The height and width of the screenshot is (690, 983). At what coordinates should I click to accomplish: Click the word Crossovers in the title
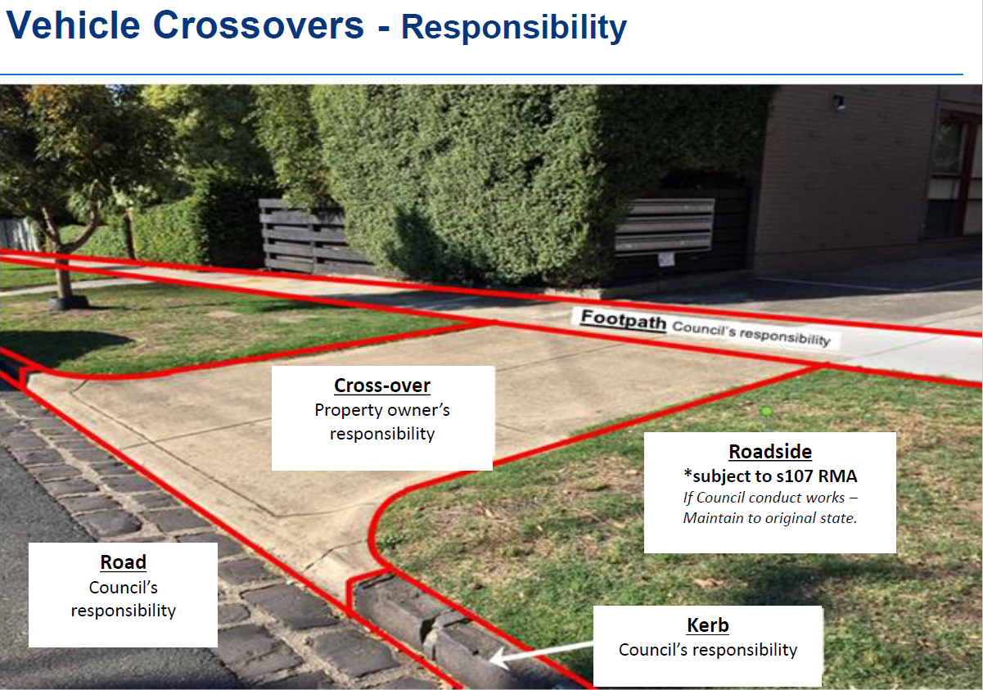pos(259,25)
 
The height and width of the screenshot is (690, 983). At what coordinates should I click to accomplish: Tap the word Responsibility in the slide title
pos(514,28)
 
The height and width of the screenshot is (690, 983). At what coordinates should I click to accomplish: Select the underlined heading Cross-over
pos(382,386)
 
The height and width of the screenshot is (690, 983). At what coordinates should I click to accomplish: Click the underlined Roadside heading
pos(770,452)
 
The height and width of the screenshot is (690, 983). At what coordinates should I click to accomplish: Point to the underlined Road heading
pos(124,562)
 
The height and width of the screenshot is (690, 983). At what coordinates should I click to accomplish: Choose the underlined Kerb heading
pos(708,625)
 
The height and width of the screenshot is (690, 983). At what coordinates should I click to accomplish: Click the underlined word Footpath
pos(624,319)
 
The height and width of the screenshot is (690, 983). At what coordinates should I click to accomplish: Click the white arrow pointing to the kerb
pos(541,652)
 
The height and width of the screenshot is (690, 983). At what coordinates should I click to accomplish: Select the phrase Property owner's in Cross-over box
pos(382,410)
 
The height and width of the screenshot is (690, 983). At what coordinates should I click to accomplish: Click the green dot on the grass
pos(767,412)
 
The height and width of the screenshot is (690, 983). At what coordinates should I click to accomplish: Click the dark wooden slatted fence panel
pos(303,235)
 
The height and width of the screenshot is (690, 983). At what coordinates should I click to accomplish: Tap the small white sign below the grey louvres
pos(666,259)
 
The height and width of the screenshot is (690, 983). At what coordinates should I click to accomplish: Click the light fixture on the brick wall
pos(839,103)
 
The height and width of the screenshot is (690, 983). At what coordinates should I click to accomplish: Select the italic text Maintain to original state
pos(770,518)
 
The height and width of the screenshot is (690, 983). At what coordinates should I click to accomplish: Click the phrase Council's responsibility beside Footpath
pos(751,333)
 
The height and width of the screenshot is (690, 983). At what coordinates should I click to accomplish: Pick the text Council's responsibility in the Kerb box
pos(708,650)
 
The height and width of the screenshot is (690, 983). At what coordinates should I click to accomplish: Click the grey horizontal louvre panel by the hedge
pos(665,225)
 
